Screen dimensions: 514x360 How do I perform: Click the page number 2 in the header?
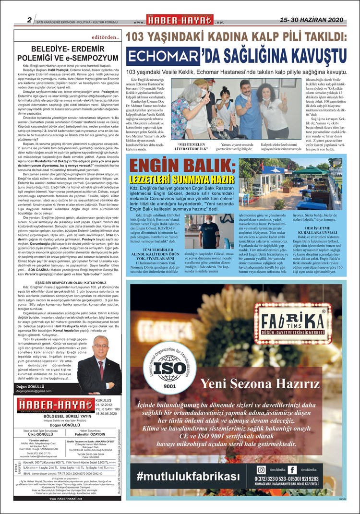pos(29,20)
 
